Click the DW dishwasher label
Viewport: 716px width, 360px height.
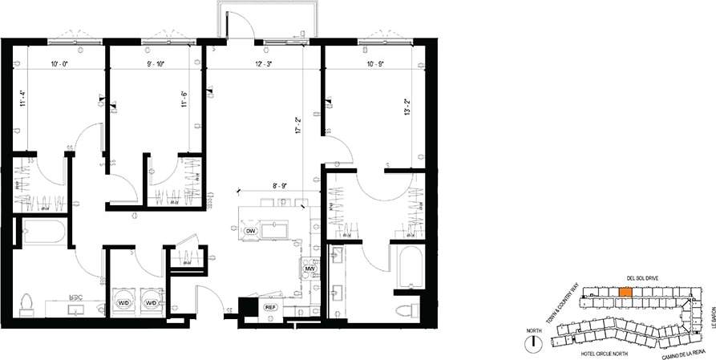coord(252,231)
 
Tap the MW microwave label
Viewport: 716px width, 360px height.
coord(320,269)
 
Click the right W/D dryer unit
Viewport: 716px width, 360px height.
coord(151,302)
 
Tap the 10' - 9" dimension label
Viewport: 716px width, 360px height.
coord(374,63)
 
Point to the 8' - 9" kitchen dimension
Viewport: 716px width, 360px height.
coord(280,185)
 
